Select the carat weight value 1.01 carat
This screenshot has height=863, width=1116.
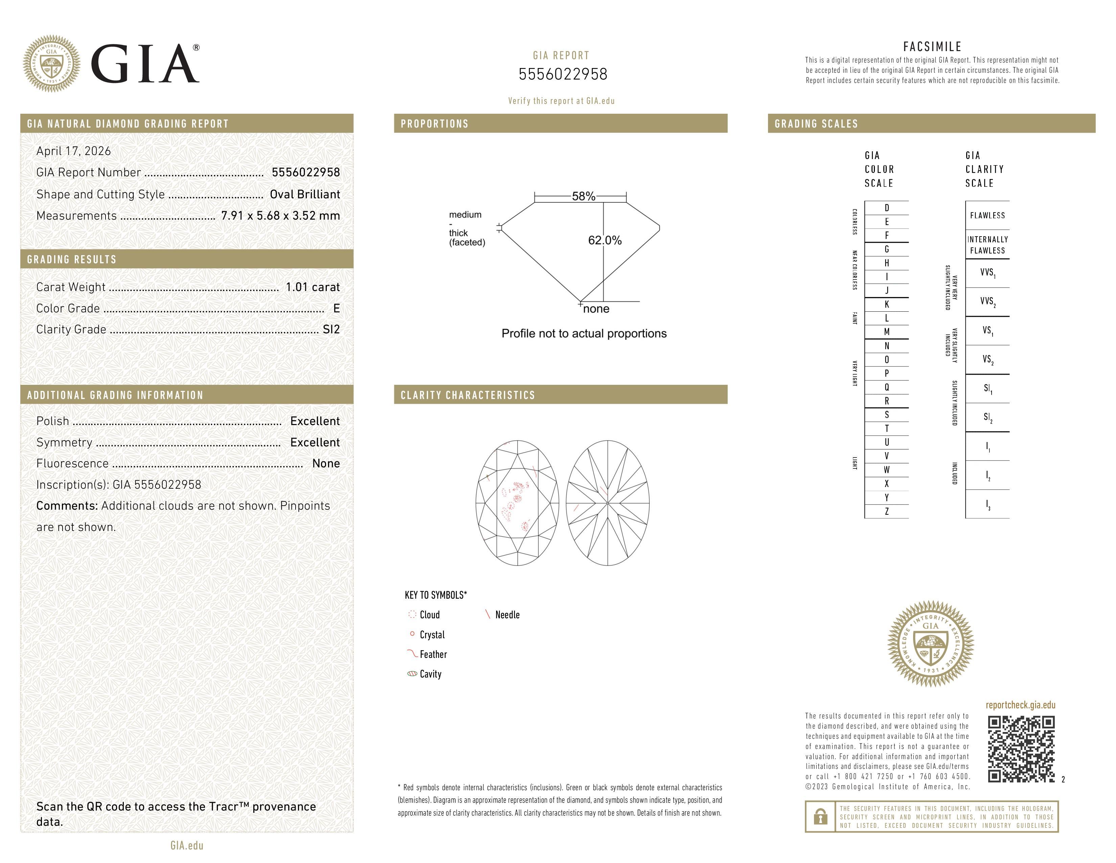point(312,287)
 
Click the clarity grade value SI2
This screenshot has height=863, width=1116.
point(331,329)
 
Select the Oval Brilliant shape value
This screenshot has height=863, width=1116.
point(305,194)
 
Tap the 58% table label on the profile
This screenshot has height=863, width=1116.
point(583,196)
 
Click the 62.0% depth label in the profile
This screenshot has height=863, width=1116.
point(605,240)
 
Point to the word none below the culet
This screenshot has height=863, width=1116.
point(596,309)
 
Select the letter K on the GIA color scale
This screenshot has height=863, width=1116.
point(887,304)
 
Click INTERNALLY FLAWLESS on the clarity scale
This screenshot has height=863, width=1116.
point(987,245)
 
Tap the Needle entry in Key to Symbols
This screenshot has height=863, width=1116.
point(506,615)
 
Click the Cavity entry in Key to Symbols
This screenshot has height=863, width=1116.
point(430,674)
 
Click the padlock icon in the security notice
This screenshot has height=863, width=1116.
point(820,817)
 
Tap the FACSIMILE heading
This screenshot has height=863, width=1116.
point(932,46)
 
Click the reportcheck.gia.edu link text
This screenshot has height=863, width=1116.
point(1020,705)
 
